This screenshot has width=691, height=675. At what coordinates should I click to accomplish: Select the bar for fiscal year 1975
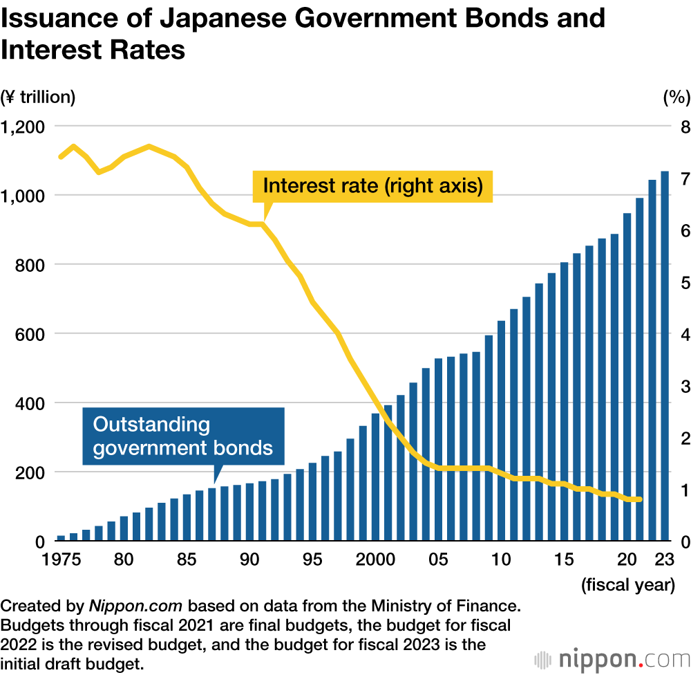coord(61,537)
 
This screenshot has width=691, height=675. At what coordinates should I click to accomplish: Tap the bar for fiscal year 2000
coord(375,477)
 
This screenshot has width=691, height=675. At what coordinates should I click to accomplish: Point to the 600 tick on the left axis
coord(32,334)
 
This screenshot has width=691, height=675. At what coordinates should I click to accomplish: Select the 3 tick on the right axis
coord(684,386)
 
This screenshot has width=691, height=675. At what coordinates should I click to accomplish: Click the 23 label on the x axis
coord(664,560)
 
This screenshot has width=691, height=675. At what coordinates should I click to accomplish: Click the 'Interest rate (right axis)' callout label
coord(372,186)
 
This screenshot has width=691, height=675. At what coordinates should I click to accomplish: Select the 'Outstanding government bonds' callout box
coord(183,436)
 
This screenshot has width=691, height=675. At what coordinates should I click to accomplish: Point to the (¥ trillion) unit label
coord(38,98)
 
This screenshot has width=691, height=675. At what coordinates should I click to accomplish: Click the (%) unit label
coord(676,98)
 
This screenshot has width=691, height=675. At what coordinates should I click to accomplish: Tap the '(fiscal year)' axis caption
coord(627,585)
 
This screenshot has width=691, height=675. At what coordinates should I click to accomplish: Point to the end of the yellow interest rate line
coord(640,499)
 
